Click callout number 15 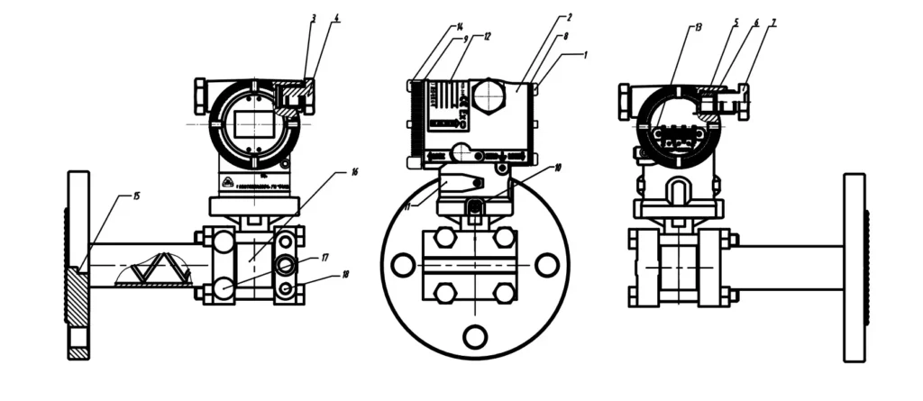point(136,195)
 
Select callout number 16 point(354,170)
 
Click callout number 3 point(313,18)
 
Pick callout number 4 point(336,18)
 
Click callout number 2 point(571,18)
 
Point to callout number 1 point(585,54)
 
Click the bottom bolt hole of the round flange point(474,336)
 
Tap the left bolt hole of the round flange point(403,265)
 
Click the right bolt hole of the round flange point(545,265)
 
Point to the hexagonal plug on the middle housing point(488,96)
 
